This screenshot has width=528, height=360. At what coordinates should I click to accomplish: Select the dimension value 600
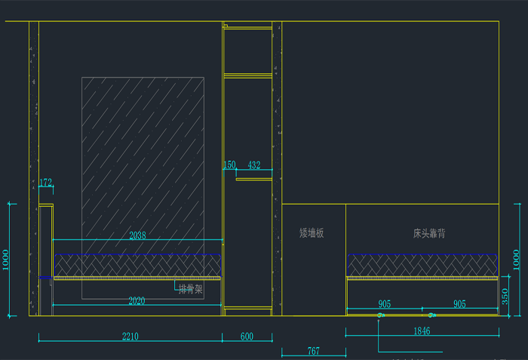click(x=247, y=337)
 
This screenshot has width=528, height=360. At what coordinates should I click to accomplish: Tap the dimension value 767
click(x=313, y=351)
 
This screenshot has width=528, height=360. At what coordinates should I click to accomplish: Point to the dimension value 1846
click(x=422, y=331)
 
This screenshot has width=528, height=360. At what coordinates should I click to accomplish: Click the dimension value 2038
click(x=137, y=235)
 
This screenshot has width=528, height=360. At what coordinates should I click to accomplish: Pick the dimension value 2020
click(x=137, y=300)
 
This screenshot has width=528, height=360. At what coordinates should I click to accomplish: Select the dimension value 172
click(x=46, y=183)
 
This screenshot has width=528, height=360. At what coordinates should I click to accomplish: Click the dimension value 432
click(x=254, y=165)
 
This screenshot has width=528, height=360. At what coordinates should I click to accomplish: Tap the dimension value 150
click(x=229, y=165)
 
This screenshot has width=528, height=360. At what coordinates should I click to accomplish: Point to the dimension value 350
click(x=505, y=296)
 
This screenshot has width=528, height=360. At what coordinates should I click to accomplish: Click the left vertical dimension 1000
click(x=8, y=260)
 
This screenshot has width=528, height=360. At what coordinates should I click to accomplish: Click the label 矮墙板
click(x=312, y=233)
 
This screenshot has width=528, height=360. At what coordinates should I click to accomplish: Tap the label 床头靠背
click(x=429, y=233)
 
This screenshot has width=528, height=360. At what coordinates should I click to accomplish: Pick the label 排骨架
click(x=189, y=288)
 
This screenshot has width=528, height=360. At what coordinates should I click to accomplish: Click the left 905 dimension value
click(x=385, y=304)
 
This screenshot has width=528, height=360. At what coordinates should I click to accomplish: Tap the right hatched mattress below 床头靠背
click(x=422, y=265)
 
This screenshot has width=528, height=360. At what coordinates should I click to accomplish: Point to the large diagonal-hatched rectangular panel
click(x=142, y=151)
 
